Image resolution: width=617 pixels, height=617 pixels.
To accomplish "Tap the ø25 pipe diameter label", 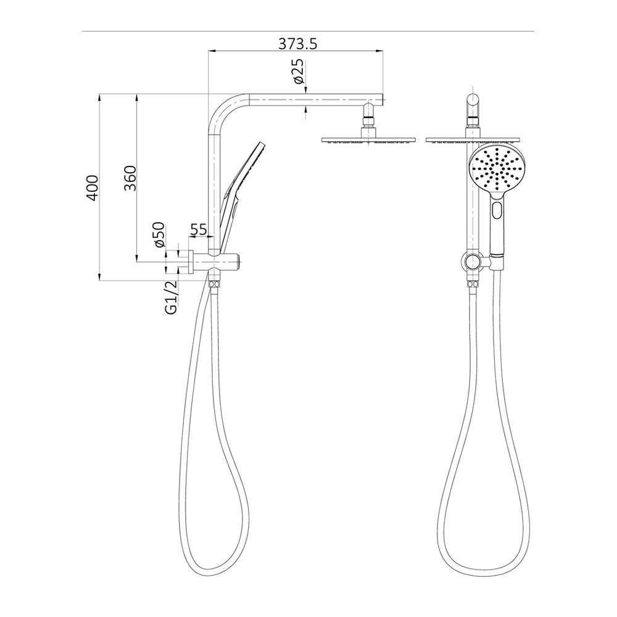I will pyautogui.click(x=298, y=73).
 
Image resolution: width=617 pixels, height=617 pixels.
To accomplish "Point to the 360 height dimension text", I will pyautogui.click(x=130, y=178).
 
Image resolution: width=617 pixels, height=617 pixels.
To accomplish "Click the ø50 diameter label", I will pyautogui.click(x=159, y=235).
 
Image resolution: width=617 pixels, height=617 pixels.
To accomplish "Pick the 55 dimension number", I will pyautogui.click(x=198, y=230).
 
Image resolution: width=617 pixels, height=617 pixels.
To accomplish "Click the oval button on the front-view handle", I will pyautogui.click(x=497, y=212).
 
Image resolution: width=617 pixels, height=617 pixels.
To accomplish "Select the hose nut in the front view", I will pyautogui.click(x=472, y=284).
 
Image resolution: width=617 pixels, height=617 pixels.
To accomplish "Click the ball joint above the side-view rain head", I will pyautogui.click(x=368, y=117).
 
